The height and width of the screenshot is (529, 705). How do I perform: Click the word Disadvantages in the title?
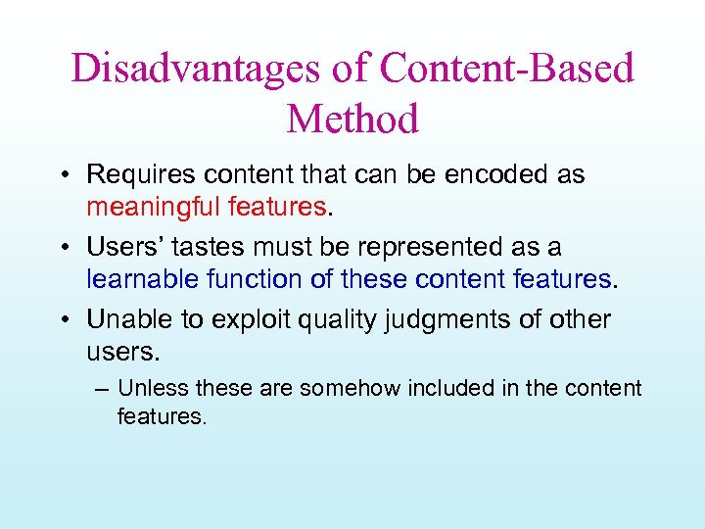195,69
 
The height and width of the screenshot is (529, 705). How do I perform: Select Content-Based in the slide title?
507,69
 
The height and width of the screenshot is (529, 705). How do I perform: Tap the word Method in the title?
352,120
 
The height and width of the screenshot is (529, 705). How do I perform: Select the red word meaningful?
154,207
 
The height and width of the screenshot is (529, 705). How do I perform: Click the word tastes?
225,248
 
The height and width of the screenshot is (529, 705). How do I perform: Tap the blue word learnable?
143,279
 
